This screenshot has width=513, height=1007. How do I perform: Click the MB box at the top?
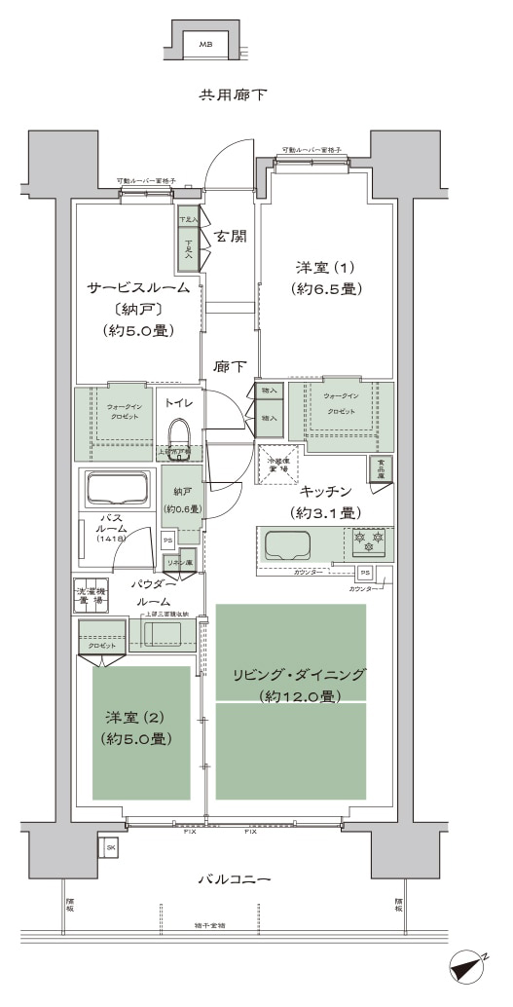205,45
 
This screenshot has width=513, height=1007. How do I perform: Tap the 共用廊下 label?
234,95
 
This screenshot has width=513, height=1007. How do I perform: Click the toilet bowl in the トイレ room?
179,434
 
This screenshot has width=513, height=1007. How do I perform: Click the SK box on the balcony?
110,848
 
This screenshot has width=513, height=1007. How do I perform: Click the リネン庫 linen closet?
178,563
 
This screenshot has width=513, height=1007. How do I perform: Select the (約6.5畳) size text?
326,289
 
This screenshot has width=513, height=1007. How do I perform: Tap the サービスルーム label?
137,287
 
